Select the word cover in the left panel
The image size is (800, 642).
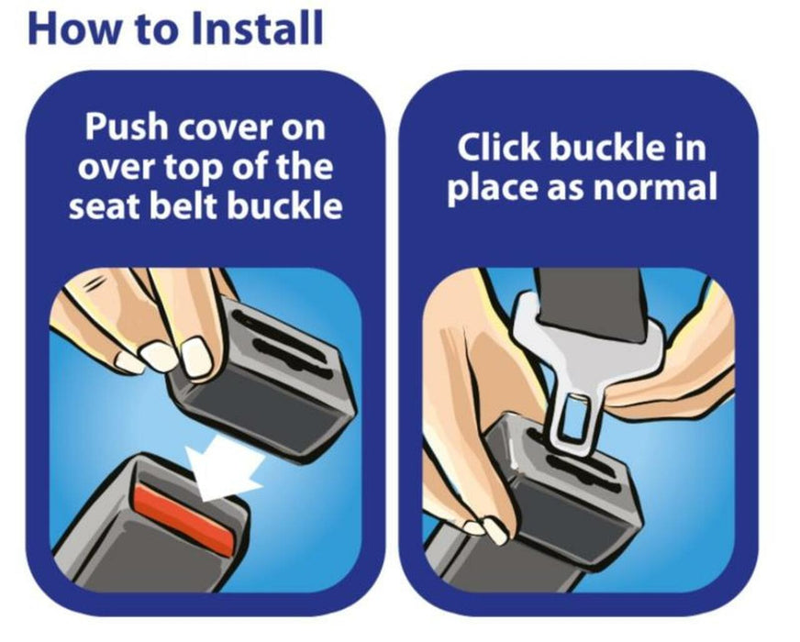point(227,130)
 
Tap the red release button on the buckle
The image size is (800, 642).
point(184,518)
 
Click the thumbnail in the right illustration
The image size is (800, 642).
point(494,530)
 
